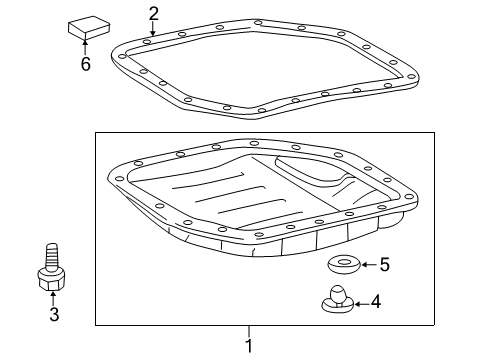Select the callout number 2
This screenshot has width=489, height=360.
[x=154, y=14]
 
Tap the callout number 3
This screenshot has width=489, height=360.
[x=55, y=315]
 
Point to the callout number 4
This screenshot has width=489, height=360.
[x=377, y=301]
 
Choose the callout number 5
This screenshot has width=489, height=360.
[x=383, y=265]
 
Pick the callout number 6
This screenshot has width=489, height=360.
[x=85, y=64]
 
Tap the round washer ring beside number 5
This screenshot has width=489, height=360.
[x=344, y=265]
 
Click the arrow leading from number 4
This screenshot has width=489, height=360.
[x=362, y=300]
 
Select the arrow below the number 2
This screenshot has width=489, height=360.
[x=152, y=31]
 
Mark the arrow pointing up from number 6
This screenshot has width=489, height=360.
[x=85, y=47]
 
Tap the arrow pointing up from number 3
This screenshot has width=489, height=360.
[x=55, y=298]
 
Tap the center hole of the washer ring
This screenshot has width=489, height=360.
[x=343, y=263]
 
